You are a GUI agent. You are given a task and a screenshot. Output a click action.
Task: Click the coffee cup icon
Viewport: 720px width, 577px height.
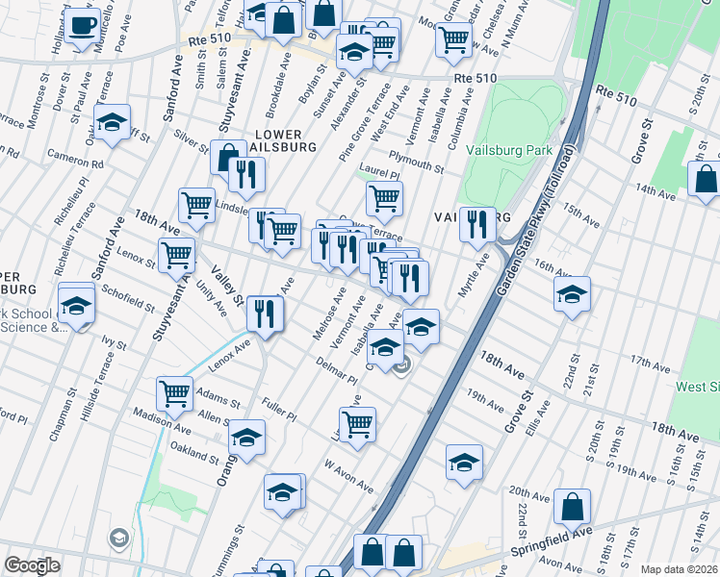click(x=82, y=24)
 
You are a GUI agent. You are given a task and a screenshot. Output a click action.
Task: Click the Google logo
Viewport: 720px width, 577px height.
click(x=32, y=565)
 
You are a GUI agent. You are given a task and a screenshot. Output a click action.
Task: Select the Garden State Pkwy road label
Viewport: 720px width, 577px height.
click(x=539, y=221)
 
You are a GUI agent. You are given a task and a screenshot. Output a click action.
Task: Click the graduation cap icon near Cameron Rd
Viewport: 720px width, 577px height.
click(x=113, y=122)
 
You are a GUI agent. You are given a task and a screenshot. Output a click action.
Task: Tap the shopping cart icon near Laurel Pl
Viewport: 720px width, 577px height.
click(x=384, y=198)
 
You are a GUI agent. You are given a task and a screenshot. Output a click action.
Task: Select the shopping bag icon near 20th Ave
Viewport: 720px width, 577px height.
click(x=572, y=506)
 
